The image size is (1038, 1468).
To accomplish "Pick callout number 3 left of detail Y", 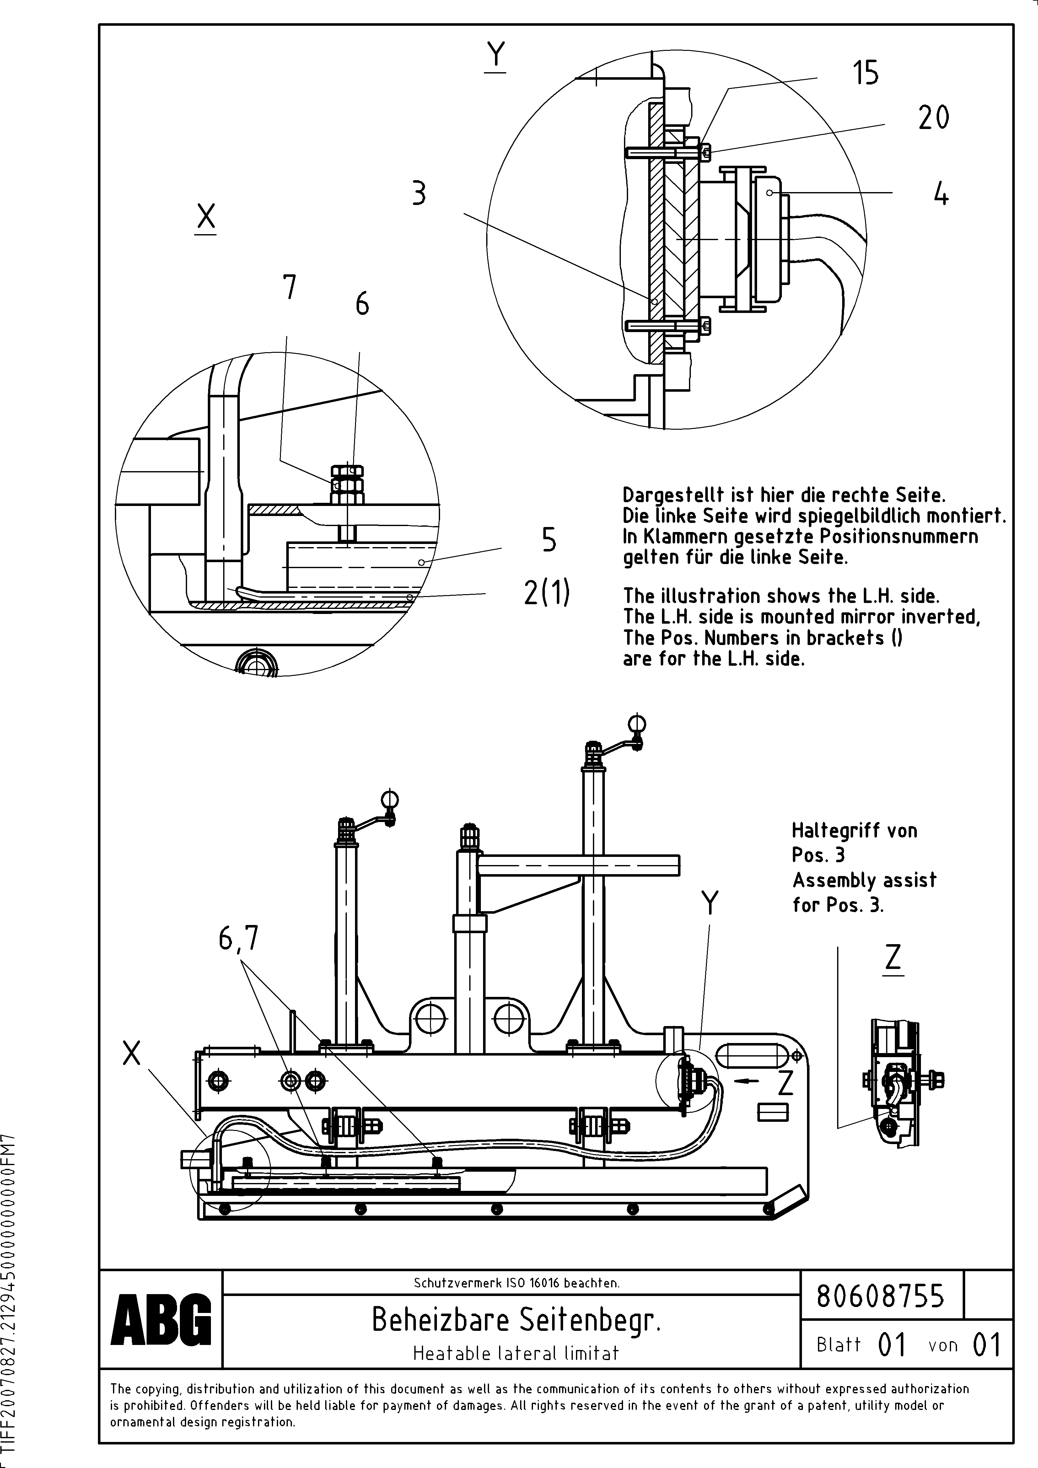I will (x=419, y=193).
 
